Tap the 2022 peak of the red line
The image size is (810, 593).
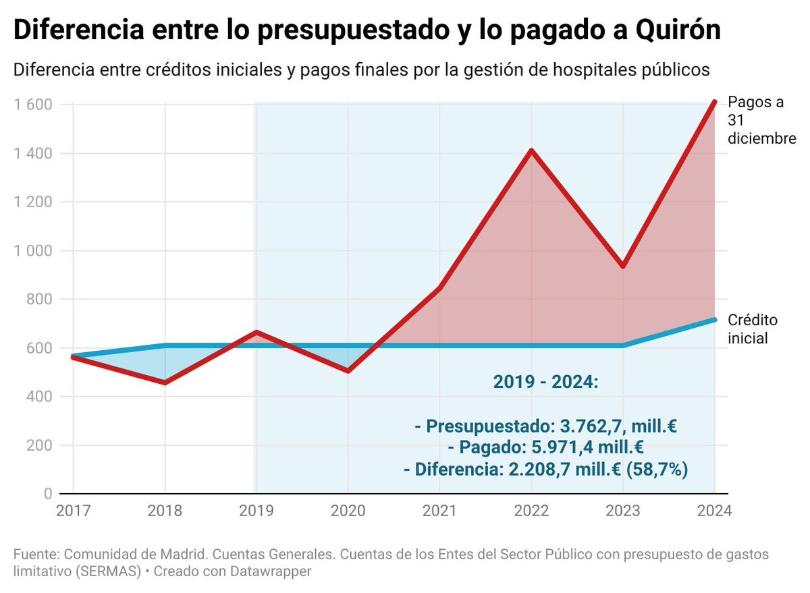point(531,150)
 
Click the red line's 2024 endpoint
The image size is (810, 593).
point(715,102)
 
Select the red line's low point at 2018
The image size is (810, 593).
point(165,383)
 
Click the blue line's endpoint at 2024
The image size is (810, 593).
point(715,319)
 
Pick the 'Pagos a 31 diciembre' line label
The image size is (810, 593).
point(762,120)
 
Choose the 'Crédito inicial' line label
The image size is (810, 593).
point(752,329)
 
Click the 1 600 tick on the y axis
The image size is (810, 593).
point(33,105)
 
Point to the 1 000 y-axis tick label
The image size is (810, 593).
point(33,250)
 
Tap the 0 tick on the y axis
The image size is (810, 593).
point(47,494)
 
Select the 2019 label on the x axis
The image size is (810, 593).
point(256,511)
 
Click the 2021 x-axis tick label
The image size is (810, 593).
point(440,511)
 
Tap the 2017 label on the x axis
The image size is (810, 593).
point(73,511)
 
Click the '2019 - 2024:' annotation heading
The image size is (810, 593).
point(545,383)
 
